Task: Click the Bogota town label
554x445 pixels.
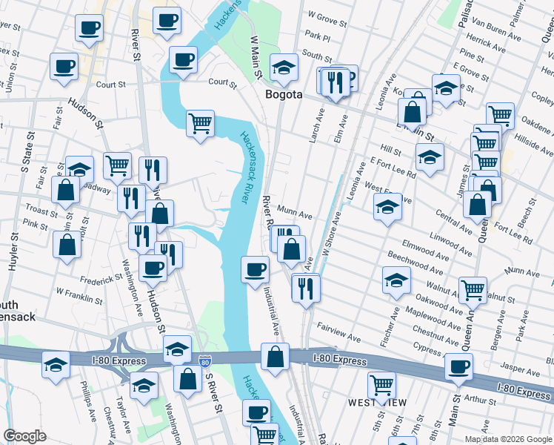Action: point(284,95)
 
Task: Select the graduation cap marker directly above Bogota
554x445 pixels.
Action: point(284,68)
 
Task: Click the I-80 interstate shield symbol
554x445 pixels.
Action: point(205,362)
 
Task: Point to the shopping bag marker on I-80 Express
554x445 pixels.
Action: point(275,357)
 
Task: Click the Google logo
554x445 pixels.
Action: point(24,436)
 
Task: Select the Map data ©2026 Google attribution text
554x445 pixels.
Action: point(508,439)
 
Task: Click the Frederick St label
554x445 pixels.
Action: point(101,279)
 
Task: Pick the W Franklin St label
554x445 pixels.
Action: point(79,297)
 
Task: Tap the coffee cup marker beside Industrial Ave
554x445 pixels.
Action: point(256,268)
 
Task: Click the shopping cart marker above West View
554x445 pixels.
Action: point(381,385)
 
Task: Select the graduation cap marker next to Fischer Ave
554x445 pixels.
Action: point(396,280)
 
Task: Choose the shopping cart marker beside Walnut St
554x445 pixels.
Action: point(472,291)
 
